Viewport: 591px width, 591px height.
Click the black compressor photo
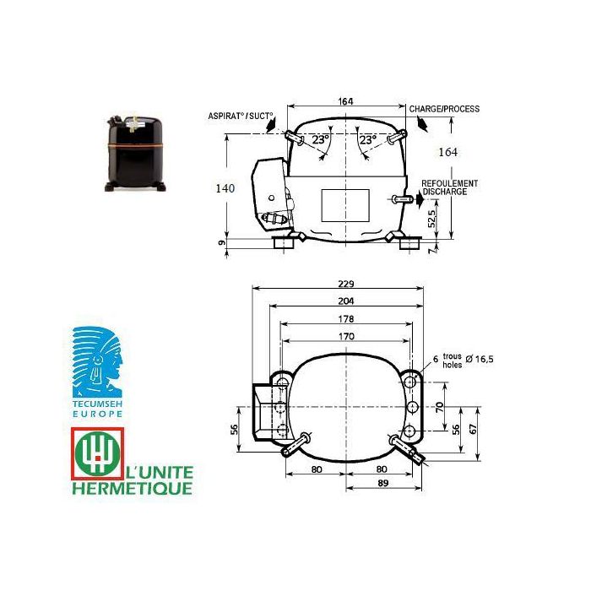point(136,153)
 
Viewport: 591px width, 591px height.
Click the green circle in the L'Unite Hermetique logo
point(98,453)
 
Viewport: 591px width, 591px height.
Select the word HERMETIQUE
point(133,489)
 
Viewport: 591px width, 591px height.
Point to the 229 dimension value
point(346,284)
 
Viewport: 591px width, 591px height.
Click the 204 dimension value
point(346,301)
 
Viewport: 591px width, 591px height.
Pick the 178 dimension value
point(346,319)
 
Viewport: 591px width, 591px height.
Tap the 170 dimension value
point(346,336)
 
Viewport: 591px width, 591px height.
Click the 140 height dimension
point(225,187)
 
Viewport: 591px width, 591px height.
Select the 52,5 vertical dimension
point(431,218)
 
